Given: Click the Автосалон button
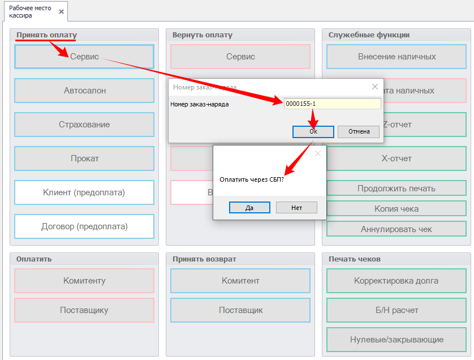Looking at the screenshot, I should tap(84, 91).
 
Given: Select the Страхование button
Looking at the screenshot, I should tap(84, 125).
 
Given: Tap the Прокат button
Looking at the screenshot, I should tap(84, 158).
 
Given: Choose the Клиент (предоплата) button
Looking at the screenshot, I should tap(84, 192).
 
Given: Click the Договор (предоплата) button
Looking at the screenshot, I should tap(84, 226).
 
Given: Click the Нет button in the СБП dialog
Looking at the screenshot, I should tap(296, 208).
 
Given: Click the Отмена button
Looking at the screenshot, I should tap(359, 131).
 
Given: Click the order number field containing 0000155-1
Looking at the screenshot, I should tap(332, 104).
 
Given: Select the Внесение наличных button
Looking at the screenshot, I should tap(397, 57).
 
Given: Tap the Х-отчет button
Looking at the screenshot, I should tap(397, 158).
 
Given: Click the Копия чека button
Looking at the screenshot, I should tap(397, 209).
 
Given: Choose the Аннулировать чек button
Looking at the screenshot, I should tap(397, 229).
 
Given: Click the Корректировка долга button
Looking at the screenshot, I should tap(397, 281).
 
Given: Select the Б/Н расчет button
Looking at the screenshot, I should tap(397, 310).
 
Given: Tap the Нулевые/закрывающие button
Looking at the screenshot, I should tap(397, 340).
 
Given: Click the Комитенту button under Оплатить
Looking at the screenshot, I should tap(84, 281).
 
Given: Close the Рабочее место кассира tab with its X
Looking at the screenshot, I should tap(61, 11).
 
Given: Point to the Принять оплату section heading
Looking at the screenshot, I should tap(46, 35).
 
